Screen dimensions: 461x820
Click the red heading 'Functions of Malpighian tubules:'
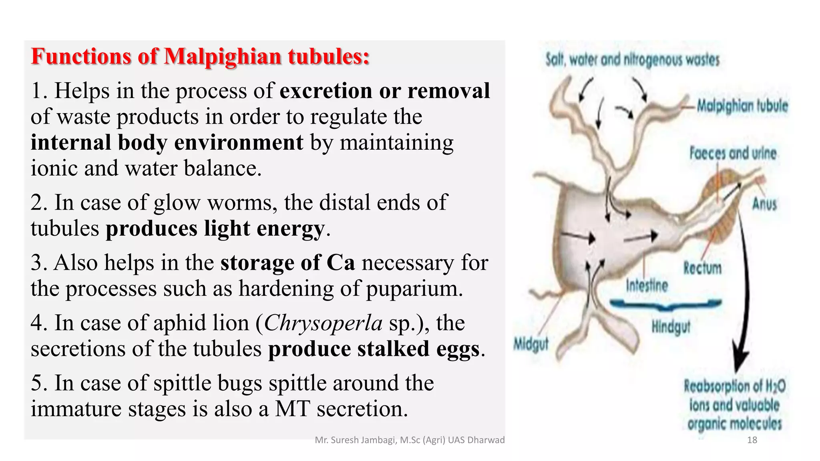click(200, 56)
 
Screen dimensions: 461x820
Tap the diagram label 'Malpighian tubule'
click(742, 106)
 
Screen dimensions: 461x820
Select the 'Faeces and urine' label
click(733, 153)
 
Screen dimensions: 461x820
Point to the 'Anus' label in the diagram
click(764, 204)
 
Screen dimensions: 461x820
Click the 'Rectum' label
click(702, 268)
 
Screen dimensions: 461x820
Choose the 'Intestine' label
click(647, 286)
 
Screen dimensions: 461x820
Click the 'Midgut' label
click(531, 344)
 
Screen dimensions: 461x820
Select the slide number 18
click(752, 440)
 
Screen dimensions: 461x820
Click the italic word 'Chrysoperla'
click(323, 323)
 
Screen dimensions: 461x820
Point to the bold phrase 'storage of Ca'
click(287, 263)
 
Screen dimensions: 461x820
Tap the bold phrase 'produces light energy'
click(215, 229)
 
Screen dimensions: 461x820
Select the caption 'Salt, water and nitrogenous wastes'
click(633, 60)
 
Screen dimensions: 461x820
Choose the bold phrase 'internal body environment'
click(167, 142)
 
